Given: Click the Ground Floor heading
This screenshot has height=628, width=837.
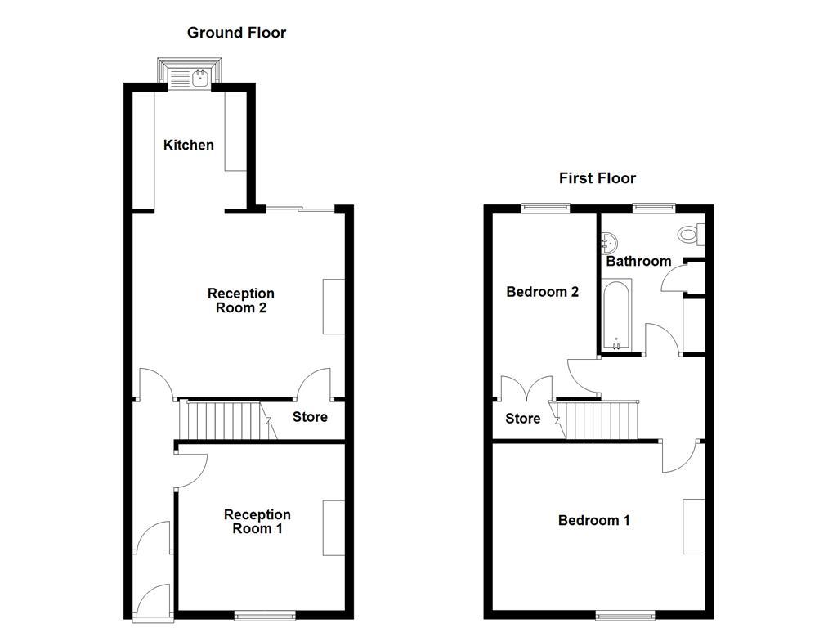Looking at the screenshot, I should coord(236,33).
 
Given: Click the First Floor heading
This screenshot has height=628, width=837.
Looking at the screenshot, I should coord(597,178).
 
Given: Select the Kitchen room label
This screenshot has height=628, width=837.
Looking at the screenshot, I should coord(189,145).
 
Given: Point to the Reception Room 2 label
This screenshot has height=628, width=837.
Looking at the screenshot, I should coord(241,301).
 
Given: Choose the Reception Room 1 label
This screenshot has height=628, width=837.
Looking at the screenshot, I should coord(257,522).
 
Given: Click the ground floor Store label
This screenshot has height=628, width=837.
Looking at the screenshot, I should coord(310,417).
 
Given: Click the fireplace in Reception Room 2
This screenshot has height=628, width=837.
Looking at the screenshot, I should coord(333,307).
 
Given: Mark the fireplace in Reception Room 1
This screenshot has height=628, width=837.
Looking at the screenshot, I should coord(333,528).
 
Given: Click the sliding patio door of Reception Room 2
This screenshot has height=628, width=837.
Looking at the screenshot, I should coord(300,209).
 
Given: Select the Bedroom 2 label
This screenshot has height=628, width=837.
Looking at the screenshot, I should coord(543,292).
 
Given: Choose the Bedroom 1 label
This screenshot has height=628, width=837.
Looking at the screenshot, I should coord(593,520).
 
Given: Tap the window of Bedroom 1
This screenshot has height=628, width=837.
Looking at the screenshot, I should coord(625,614).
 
